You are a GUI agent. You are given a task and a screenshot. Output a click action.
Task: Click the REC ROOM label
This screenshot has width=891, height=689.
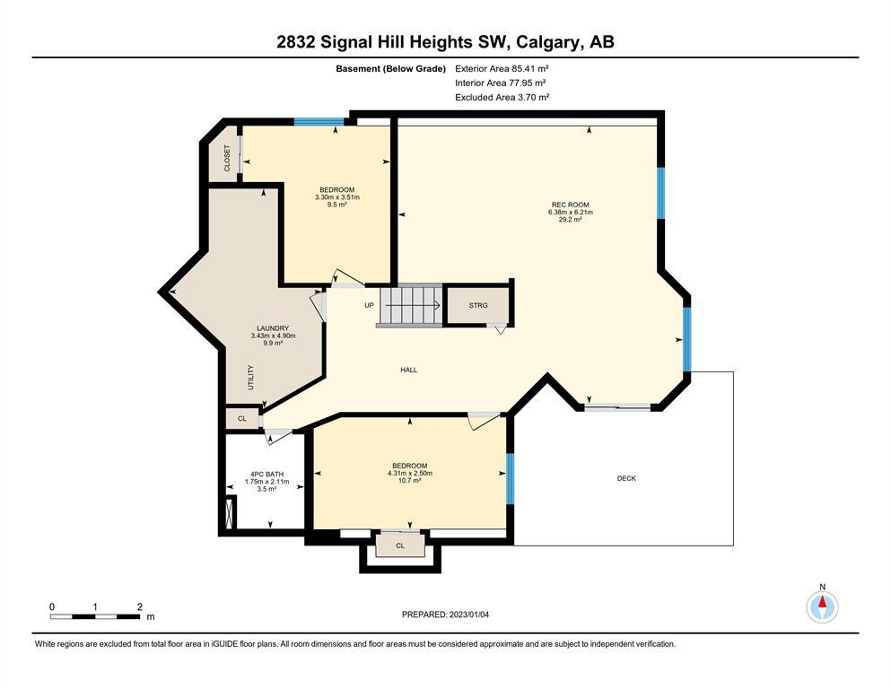click(x=570, y=205)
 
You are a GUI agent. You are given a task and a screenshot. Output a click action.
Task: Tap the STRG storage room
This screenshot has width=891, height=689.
click(x=478, y=306)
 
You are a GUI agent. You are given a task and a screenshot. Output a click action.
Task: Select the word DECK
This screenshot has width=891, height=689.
click(x=626, y=478)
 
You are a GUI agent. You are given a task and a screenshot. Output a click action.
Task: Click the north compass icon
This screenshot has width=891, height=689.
click(x=822, y=606)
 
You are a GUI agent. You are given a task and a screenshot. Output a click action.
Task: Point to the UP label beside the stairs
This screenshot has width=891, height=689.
click(x=369, y=305)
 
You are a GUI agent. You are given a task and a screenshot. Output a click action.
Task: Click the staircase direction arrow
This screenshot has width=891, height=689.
click(x=413, y=305)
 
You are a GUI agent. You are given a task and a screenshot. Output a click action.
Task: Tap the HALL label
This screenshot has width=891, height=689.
click(x=408, y=370)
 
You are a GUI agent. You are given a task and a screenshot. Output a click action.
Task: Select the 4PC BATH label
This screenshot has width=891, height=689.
click(x=266, y=475)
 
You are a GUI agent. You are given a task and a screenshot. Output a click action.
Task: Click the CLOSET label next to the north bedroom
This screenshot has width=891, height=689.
click(x=227, y=158)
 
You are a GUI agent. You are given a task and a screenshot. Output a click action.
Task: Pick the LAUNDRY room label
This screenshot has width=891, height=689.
click(x=273, y=328)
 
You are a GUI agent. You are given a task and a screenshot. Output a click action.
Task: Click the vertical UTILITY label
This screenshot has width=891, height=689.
click(x=250, y=377)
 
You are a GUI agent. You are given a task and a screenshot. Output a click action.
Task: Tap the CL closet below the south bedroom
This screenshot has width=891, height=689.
click(x=400, y=545)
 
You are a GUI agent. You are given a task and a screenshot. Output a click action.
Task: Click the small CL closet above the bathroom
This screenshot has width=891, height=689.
click(x=242, y=419)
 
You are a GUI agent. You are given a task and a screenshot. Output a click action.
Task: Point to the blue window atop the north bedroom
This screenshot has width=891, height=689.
click(x=319, y=121)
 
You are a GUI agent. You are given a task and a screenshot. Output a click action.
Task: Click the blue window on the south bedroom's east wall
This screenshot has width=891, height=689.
click(x=510, y=479)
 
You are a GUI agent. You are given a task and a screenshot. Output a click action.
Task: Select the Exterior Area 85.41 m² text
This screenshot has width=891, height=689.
click(x=502, y=69)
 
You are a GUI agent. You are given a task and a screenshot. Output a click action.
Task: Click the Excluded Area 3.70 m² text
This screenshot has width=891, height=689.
click(x=502, y=97)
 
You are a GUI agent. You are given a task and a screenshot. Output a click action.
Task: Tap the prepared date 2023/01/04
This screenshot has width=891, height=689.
click(x=468, y=615)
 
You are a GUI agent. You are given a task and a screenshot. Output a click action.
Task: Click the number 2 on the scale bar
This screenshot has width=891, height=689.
click(x=139, y=607)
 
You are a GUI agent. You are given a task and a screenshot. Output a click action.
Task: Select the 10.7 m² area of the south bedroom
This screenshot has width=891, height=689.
click(x=409, y=481)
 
